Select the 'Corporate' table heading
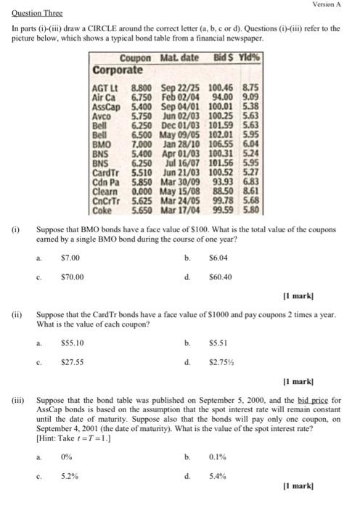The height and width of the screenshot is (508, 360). pyautogui.click(x=118, y=70)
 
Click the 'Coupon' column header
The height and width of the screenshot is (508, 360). pyautogui.click(x=135, y=59)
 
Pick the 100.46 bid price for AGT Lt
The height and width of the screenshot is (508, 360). pyautogui.click(x=224, y=86)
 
